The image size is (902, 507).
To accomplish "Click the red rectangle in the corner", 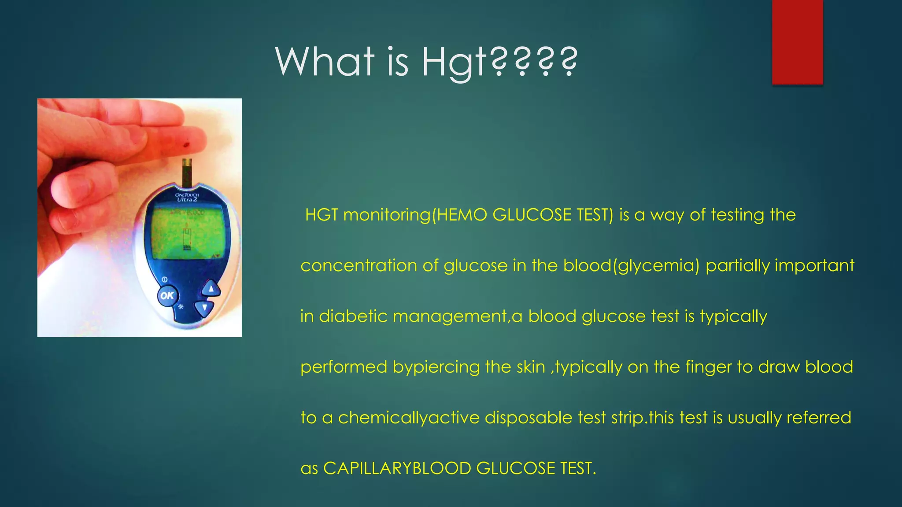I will [x=797, y=42].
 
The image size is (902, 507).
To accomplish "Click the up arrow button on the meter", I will [x=211, y=289].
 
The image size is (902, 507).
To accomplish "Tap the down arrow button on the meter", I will [x=204, y=307].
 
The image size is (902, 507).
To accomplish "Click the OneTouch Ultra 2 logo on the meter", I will [x=187, y=197].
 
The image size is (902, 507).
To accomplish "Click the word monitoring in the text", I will [x=386, y=215].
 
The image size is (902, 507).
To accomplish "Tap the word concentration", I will [x=359, y=266].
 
